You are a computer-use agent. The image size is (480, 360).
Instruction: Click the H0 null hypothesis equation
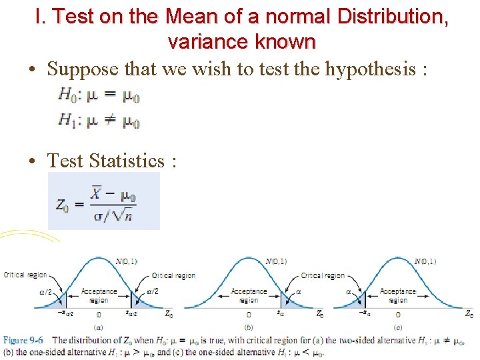coord(99,95)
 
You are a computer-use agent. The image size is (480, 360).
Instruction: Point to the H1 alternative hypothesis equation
coord(99,121)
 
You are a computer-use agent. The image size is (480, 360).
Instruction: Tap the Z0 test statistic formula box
coord(104,201)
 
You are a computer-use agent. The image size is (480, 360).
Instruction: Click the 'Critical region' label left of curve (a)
coord(25,275)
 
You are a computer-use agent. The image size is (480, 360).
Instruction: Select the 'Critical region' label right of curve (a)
coord(173,275)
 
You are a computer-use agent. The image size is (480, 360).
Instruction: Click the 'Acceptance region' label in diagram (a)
coord(99,295)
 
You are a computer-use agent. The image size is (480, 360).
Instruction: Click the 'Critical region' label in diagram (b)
coord(323,275)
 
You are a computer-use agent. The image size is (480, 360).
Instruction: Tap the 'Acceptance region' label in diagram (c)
coord(398,295)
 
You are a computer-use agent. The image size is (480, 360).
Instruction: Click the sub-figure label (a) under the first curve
coord(99,327)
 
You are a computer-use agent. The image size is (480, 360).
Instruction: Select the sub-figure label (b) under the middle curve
coord(249,327)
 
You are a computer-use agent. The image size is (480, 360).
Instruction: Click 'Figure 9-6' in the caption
coord(25,341)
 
